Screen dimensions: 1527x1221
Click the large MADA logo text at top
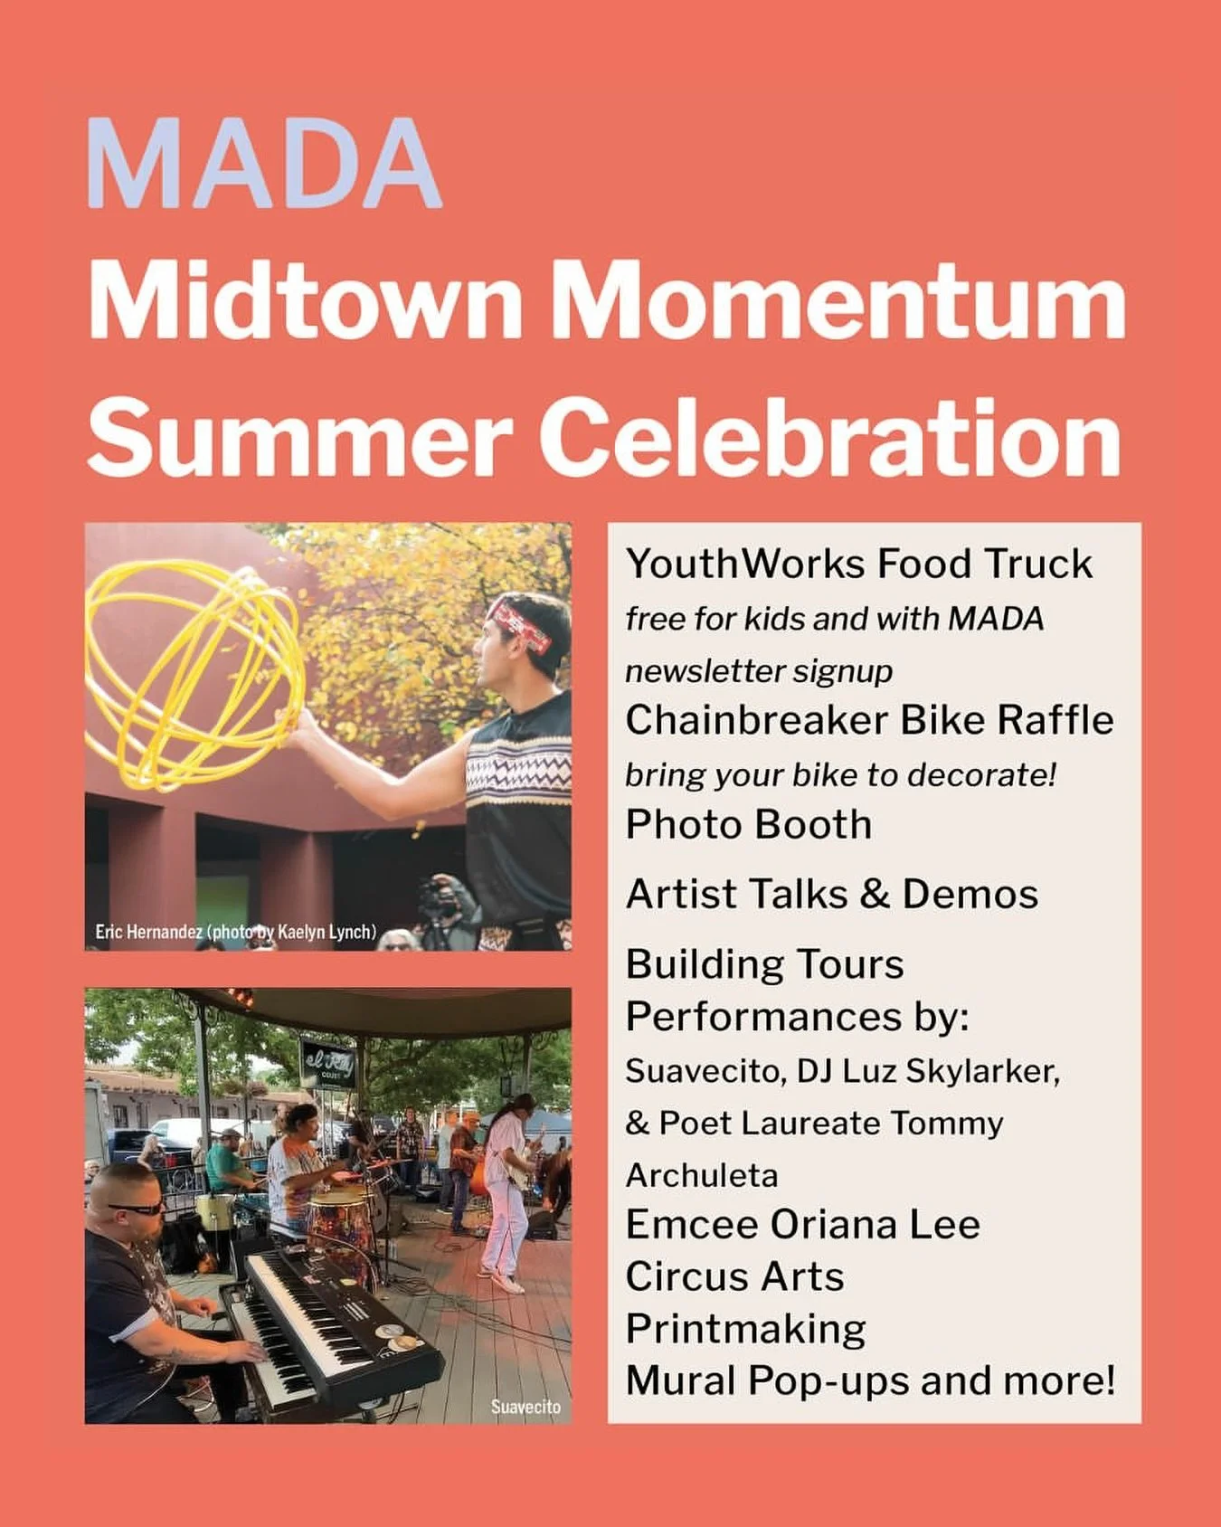point(263,164)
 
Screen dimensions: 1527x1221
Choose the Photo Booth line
point(748,824)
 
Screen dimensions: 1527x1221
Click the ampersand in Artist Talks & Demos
point(875,895)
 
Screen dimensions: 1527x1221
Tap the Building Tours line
point(764,964)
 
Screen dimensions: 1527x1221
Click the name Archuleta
point(702,1175)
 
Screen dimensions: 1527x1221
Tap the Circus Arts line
point(734,1277)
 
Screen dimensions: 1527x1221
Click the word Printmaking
point(745,1330)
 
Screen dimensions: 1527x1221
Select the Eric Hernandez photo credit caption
point(235,932)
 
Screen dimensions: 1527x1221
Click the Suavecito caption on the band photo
point(525,1407)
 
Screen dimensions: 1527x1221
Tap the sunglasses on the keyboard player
point(137,1208)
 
